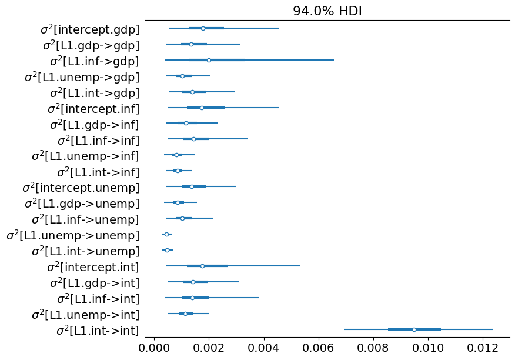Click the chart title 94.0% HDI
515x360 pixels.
[x=327, y=11]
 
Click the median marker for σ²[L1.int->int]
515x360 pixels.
[x=414, y=329]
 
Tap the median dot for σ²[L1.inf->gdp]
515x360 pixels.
[x=209, y=60]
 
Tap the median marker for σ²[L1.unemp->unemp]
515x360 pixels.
[x=166, y=234]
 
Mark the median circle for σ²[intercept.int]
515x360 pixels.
[x=202, y=266]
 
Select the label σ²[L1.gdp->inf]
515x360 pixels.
[x=93, y=124]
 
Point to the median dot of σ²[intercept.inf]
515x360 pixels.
[x=202, y=108]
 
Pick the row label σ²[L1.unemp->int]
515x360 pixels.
[x=85, y=314]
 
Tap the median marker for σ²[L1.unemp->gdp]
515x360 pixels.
[x=182, y=76]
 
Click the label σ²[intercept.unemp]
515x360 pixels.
[x=81, y=188]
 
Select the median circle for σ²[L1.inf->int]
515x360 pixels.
[x=192, y=298]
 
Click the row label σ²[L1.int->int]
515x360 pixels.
[x=98, y=330]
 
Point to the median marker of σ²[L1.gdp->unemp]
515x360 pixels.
[x=178, y=202]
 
